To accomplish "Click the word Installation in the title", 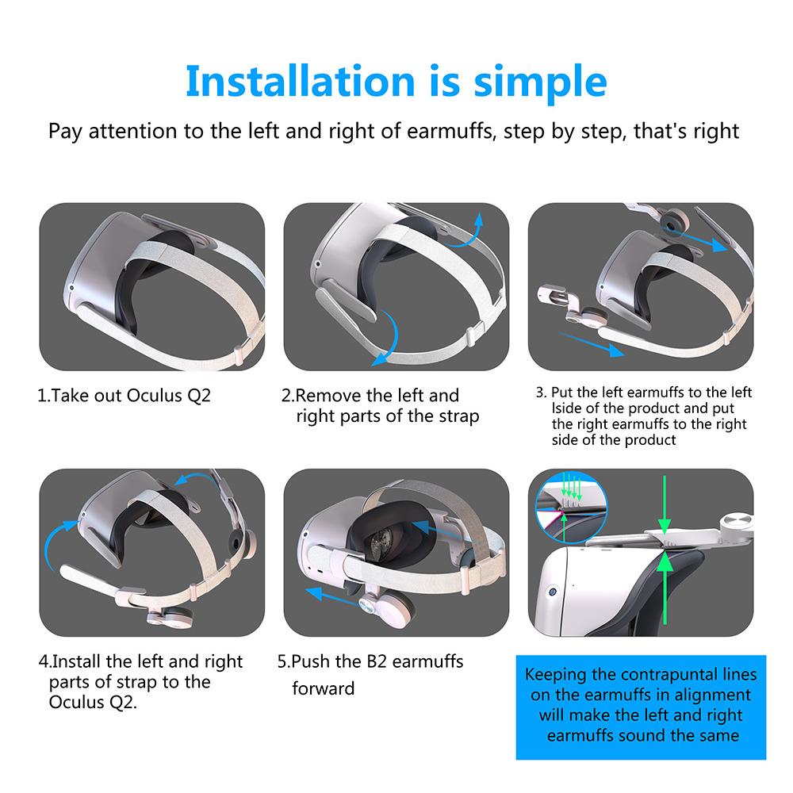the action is (301, 82).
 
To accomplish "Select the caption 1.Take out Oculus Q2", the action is (124, 396).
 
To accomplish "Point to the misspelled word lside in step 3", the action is (566, 408).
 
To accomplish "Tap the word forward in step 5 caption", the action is (324, 688).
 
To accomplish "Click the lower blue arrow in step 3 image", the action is (592, 343).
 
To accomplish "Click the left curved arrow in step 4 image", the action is (59, 544).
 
